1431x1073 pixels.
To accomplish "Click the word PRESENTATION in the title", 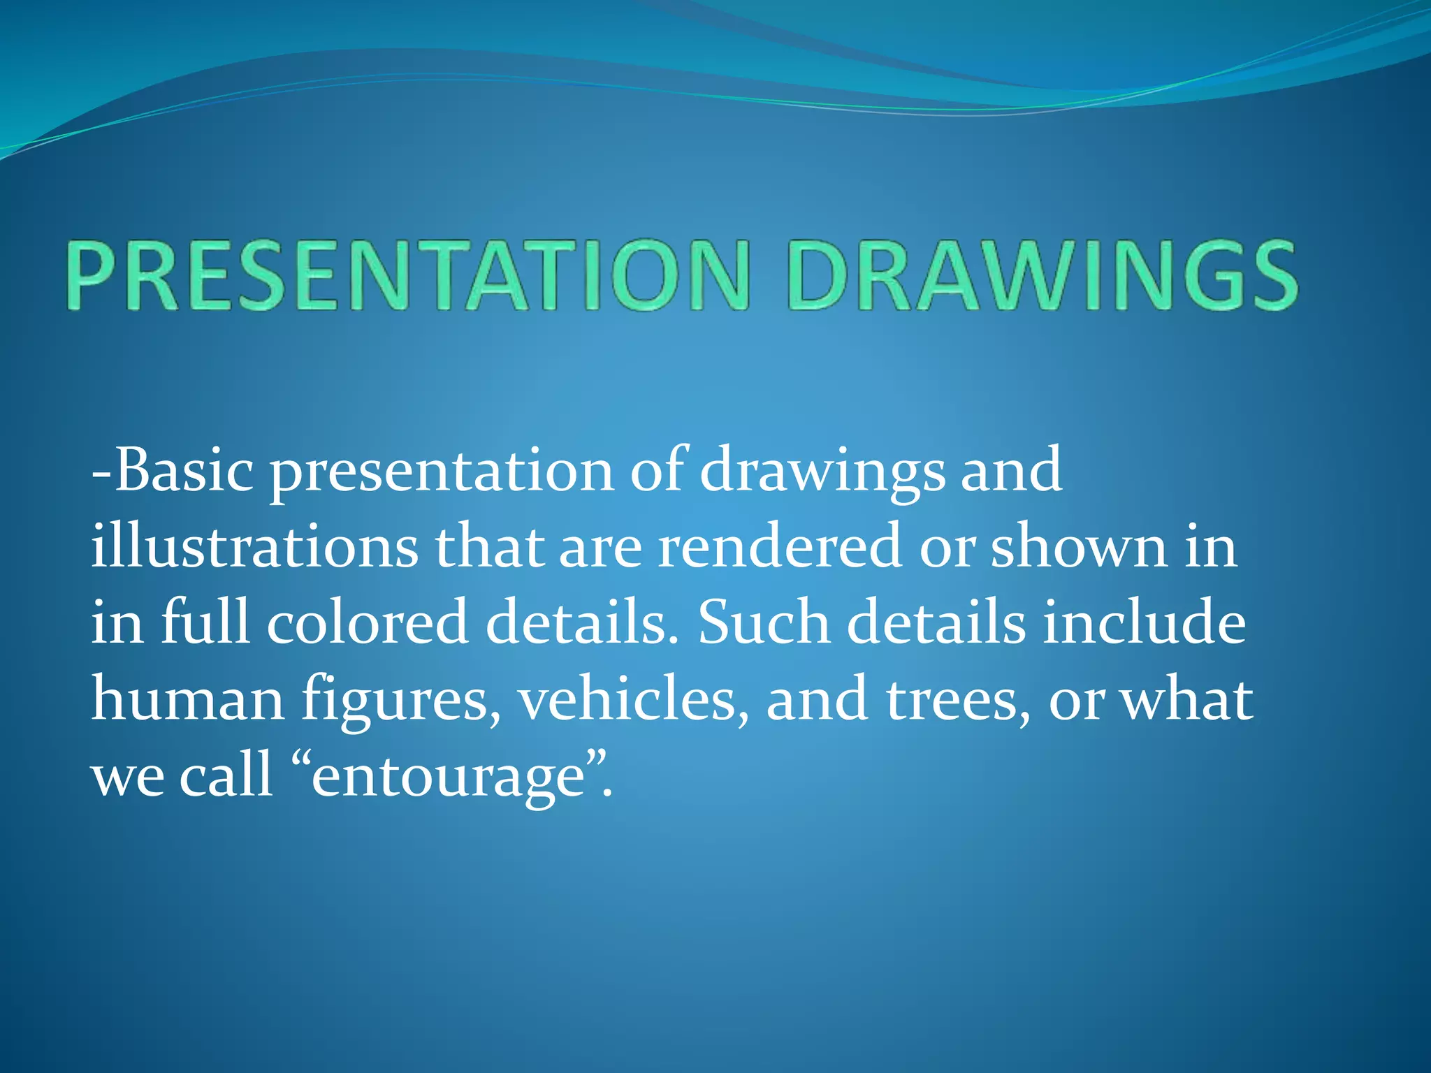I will pos(409,276).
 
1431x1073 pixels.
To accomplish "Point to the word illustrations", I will pos(254,546).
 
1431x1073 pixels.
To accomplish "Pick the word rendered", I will pos(779,546).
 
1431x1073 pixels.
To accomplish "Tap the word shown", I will pos(1079,546).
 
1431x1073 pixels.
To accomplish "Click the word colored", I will pos(367,622).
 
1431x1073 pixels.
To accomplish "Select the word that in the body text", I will pos(489,546).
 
